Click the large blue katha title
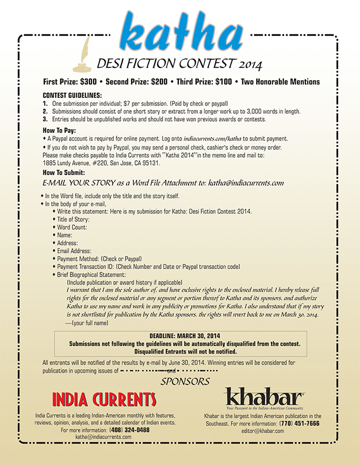coord(181,32)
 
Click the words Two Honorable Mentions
coord(281,82)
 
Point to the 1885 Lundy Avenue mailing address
coord(101,163)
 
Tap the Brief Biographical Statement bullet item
coord(92,275)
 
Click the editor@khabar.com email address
coord(262,431)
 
